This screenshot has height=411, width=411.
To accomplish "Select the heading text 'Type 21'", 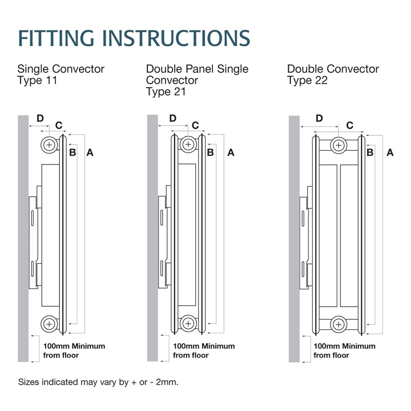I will coord(166,92).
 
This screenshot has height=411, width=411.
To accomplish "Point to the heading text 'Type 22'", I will coord(307,80).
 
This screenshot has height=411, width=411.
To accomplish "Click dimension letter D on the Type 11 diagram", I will coord(40,118).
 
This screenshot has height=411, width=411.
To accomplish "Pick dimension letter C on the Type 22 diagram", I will coord(350,125).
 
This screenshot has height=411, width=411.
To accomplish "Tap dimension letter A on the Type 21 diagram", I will coord(231,152).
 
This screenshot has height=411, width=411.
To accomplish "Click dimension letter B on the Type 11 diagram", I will coord(72,152).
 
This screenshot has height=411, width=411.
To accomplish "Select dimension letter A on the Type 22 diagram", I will coord(390,152).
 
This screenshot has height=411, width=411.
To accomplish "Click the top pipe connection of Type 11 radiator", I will coord(50,145).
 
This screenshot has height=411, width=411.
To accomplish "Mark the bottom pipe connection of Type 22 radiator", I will coord(339,324).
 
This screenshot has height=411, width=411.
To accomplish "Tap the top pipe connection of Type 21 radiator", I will coord(187,145).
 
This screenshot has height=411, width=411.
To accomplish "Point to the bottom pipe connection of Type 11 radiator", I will coord(50,324).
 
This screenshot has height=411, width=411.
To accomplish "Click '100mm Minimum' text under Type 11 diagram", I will coord(74,346).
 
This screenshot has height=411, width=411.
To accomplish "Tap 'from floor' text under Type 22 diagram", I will coord(331,355).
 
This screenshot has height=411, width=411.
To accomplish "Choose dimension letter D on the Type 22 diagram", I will coord(319,118).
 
